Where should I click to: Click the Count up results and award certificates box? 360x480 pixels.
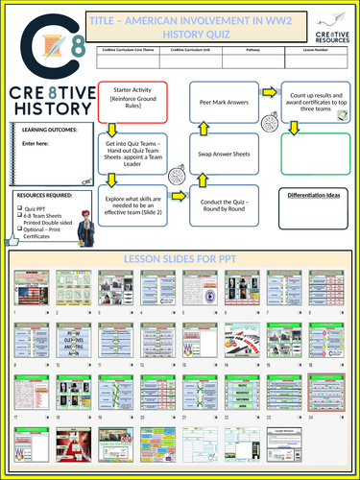(x=314, y=103)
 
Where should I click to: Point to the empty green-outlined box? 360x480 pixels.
(x=314, y=152)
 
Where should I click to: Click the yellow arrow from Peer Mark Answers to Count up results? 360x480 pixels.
(x=271, y=93)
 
